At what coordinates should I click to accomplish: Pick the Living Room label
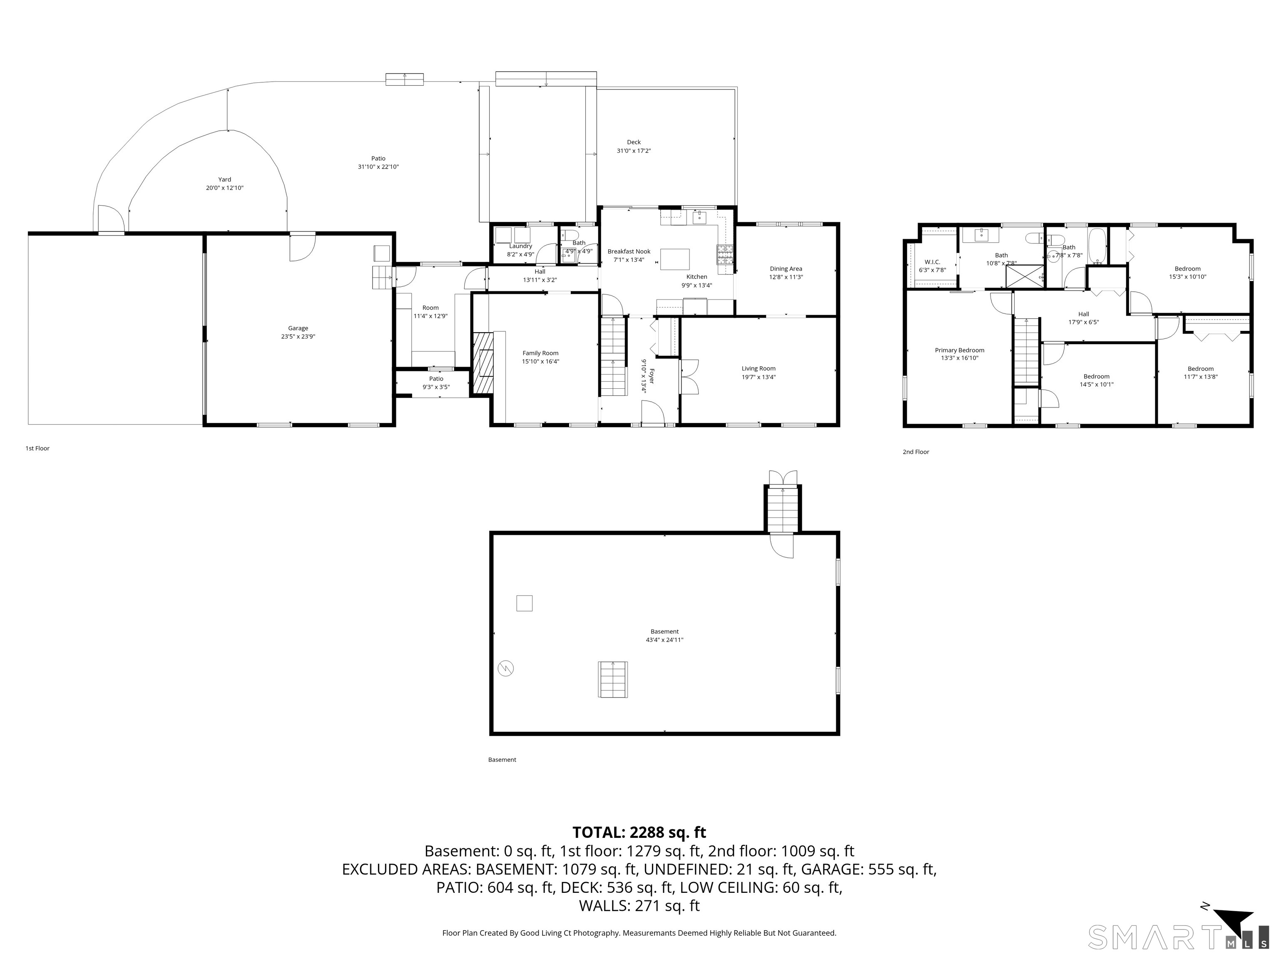758,369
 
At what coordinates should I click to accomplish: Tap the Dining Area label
786,269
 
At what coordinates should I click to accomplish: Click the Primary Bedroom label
959,350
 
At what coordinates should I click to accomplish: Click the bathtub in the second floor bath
1097,246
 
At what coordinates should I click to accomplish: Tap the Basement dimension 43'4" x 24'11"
664,640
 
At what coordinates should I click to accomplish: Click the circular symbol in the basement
506,669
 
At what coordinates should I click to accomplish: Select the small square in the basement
524,604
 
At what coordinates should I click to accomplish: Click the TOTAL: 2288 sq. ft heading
639,832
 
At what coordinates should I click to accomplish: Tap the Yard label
224,180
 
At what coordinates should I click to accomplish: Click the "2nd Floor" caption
916,452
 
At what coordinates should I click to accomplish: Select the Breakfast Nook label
629,251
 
